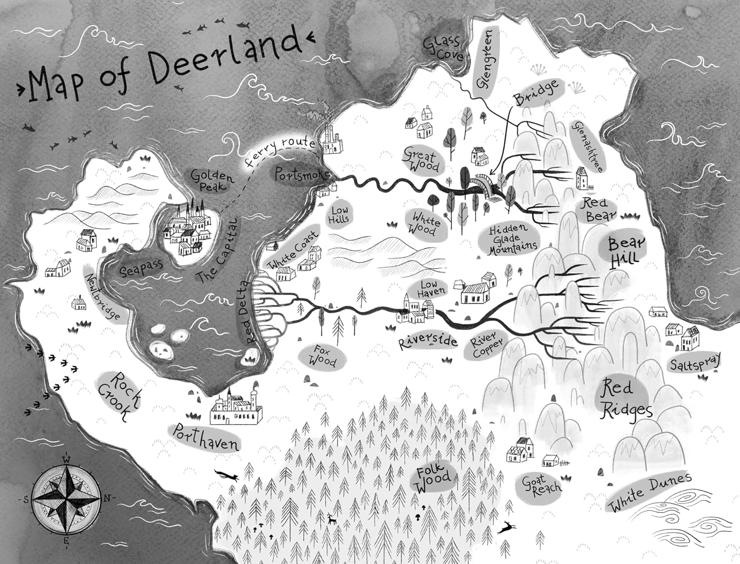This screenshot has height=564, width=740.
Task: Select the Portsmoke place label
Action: [296, 176]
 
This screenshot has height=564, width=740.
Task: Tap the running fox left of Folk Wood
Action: [228, 475]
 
